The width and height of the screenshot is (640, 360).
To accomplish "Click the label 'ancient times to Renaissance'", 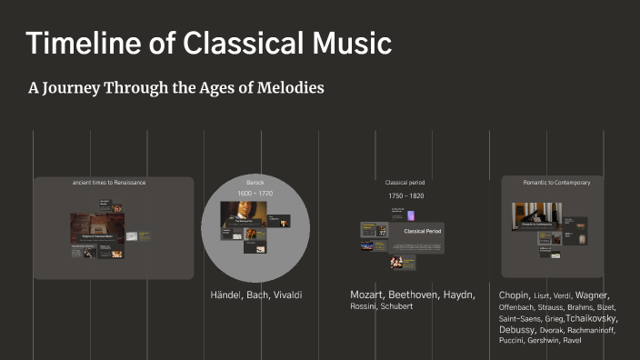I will click(x=109, y=183).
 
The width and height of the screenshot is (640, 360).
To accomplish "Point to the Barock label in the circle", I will click(x=255, y=183).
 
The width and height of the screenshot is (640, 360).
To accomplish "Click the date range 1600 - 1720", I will click(x=255, y=194).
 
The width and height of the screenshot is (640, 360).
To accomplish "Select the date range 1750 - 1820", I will click(x=405, y=195).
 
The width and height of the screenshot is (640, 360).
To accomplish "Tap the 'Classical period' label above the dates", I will click(x=405, y=183).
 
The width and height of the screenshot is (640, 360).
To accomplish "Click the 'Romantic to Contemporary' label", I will click(x=556, y=183).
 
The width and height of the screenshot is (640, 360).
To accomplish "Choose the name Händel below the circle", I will click(x=231, y=295).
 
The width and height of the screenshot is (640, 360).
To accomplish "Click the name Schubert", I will click(x=396, y=306).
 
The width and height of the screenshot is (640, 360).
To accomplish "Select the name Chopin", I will click(x=515, y=295).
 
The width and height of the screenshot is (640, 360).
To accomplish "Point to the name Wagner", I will click(x=592, y=295).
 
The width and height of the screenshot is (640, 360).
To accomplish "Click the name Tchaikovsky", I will click(x=592, y=319).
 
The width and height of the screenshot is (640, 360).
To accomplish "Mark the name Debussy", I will click(x=516, y=330).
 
